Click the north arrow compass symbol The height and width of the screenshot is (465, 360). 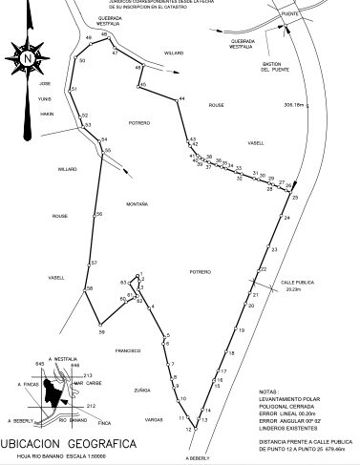28,57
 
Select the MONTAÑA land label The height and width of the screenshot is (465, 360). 137,204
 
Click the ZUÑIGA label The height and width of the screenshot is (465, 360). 142,391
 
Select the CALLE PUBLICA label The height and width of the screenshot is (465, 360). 297,283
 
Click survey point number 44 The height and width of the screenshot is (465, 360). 180,99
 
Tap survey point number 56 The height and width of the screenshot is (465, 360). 98,215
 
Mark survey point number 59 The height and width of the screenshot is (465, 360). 100,332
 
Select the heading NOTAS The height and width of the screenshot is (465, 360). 268,391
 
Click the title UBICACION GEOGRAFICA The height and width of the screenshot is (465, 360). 68,444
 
